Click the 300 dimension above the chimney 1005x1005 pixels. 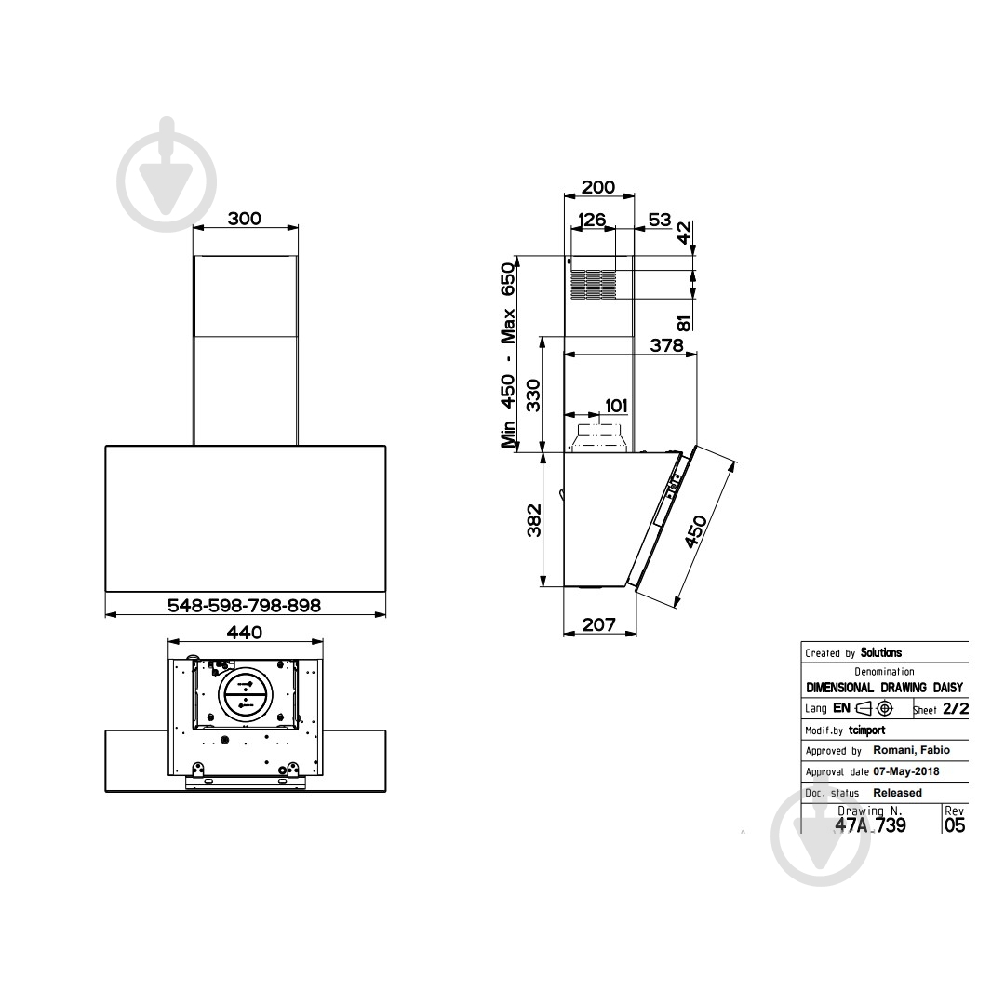tap(245, 219)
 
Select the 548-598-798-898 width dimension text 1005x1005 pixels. tap(244, 605)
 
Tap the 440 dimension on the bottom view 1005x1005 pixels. tap(245, 633)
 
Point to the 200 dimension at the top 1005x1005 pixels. tap(598, 187)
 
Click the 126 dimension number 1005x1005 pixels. tap(592, 220)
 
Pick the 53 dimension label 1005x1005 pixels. tap(660, 220)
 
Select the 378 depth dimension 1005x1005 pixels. tap(666, 345)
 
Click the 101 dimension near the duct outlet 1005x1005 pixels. tap(616, 406)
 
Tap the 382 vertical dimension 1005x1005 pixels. tap(533, 520)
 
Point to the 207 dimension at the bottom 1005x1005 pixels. tap(598, 624)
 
